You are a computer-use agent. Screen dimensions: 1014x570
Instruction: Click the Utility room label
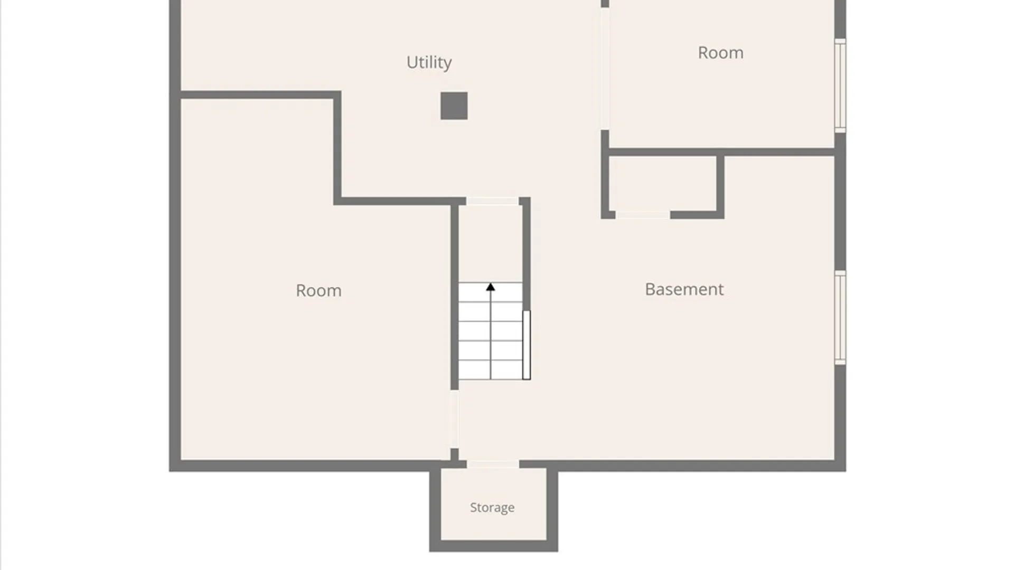coord(429,62)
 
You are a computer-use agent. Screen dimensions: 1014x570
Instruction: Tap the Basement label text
coord(684,289)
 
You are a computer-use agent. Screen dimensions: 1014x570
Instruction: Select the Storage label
coord(492,507)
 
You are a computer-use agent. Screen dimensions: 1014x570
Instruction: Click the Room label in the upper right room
coord(720,53)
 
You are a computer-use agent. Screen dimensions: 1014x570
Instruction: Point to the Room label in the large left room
coord(318,290)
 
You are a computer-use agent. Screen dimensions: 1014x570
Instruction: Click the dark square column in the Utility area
coord(454,106)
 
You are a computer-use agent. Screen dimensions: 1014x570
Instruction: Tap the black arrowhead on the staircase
coord(491,287)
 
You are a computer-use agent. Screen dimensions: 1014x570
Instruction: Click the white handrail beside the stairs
coord(527,345)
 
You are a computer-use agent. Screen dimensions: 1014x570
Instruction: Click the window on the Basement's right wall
coord(840,317)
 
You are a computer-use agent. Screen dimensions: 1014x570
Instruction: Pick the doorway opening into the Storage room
coord(493,464)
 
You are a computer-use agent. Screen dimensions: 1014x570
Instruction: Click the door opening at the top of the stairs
coord(492,201)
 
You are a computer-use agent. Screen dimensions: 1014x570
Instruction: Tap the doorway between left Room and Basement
coord(454,419)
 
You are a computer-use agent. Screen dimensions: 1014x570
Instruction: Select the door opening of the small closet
coord(643,215)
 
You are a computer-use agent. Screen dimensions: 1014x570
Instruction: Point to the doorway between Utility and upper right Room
coord(605,69)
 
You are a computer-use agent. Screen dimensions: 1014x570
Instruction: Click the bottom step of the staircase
coord(491,370)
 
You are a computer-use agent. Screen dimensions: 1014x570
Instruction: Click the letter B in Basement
coord(650,289)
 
